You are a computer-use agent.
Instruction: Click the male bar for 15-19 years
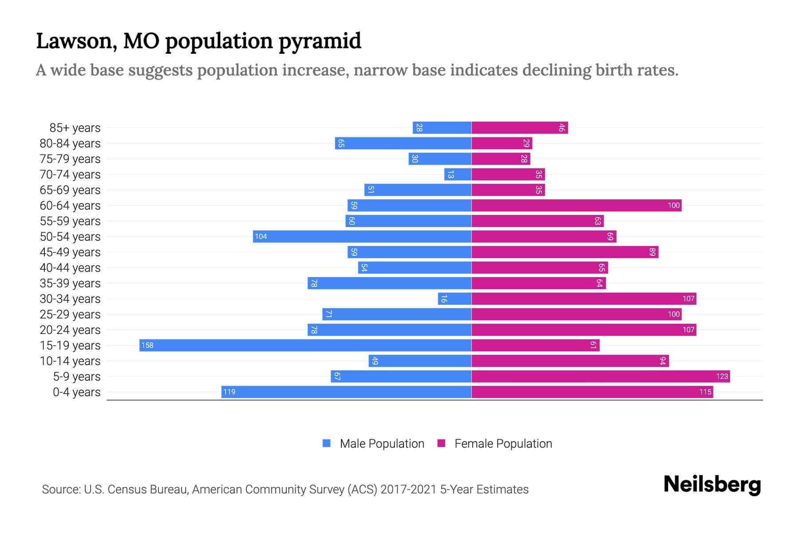[x=305, y=345]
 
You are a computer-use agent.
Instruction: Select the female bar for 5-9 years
[x=600, y=376]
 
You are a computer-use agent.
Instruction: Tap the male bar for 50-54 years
[x=362, y=236]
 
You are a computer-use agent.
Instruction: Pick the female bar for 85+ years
[x=519, y=128]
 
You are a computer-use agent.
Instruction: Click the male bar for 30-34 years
[x=455, y=298]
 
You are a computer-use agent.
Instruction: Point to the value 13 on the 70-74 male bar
[x=451, y=175]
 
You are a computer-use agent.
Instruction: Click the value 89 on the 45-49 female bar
[x=652, y=252]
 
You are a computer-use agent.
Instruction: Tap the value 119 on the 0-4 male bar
[x=229, y=392]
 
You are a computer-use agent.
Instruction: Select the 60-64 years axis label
[x=70, y=206]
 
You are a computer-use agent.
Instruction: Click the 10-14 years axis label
[x=70, y=361]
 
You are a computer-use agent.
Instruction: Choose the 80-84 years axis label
[x=70, y=143]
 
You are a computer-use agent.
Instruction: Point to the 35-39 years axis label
[x=70, y=283]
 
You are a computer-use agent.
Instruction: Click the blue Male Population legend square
[x=327, y=443]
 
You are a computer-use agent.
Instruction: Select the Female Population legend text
[x=503, y=444]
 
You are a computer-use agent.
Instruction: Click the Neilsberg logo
[x=712, y=485]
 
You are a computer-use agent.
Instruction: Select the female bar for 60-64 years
[x=576, y=205]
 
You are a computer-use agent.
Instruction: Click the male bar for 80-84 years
[x=403, y=143]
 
